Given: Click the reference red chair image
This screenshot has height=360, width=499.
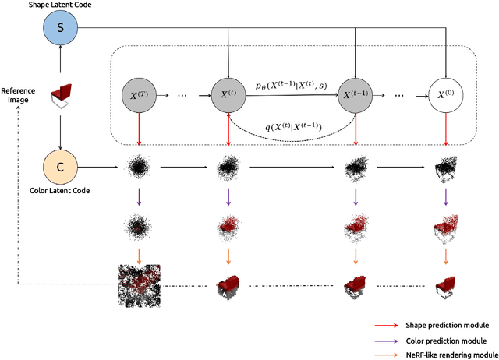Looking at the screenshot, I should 59,98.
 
